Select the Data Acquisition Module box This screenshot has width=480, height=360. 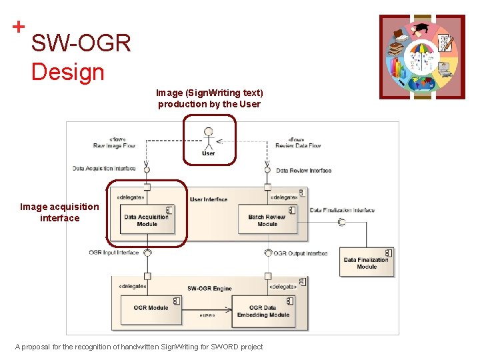147,220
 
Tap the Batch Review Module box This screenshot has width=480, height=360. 267,220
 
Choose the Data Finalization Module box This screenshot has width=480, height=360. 367,263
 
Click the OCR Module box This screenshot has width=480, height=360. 151,308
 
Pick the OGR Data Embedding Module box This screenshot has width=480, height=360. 263,311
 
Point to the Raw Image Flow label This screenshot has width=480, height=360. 114,145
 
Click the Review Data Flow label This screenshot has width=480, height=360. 298,145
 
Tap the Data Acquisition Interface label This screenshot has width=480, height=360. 104,169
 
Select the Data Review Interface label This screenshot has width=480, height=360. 303,171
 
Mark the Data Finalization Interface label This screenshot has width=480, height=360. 342,211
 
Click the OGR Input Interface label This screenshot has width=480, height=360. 114,253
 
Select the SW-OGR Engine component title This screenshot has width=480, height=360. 209,288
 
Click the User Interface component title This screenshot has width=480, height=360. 208,199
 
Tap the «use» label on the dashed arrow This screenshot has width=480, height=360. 207,315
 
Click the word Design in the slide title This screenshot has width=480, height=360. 68,71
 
